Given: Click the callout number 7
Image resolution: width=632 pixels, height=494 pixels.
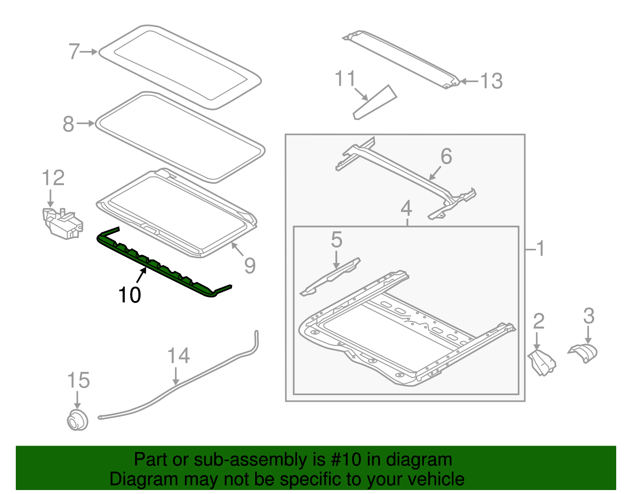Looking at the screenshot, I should [74, 52].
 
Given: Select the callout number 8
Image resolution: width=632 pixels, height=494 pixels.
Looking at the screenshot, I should [68, 124].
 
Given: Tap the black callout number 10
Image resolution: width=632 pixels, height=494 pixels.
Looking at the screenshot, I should [130, 295].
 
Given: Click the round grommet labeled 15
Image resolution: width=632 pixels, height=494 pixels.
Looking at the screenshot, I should [77, 420].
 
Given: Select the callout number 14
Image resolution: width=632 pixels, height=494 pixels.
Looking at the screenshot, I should [179, 356].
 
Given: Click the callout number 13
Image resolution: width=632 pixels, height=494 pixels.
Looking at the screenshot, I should [491, 81].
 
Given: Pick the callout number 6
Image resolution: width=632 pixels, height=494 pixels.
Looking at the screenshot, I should [446, 156].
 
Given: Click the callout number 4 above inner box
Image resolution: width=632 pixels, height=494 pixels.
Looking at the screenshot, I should [406, 208].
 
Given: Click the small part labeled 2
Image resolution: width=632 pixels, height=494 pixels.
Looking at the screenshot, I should [542, 362].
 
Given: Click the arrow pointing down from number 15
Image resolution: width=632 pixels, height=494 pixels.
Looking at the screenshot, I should [77, 399].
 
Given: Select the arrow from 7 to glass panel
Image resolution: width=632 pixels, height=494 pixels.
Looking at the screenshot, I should [89, 52].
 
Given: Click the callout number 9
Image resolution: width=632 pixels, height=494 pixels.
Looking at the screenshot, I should [250, 265].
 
